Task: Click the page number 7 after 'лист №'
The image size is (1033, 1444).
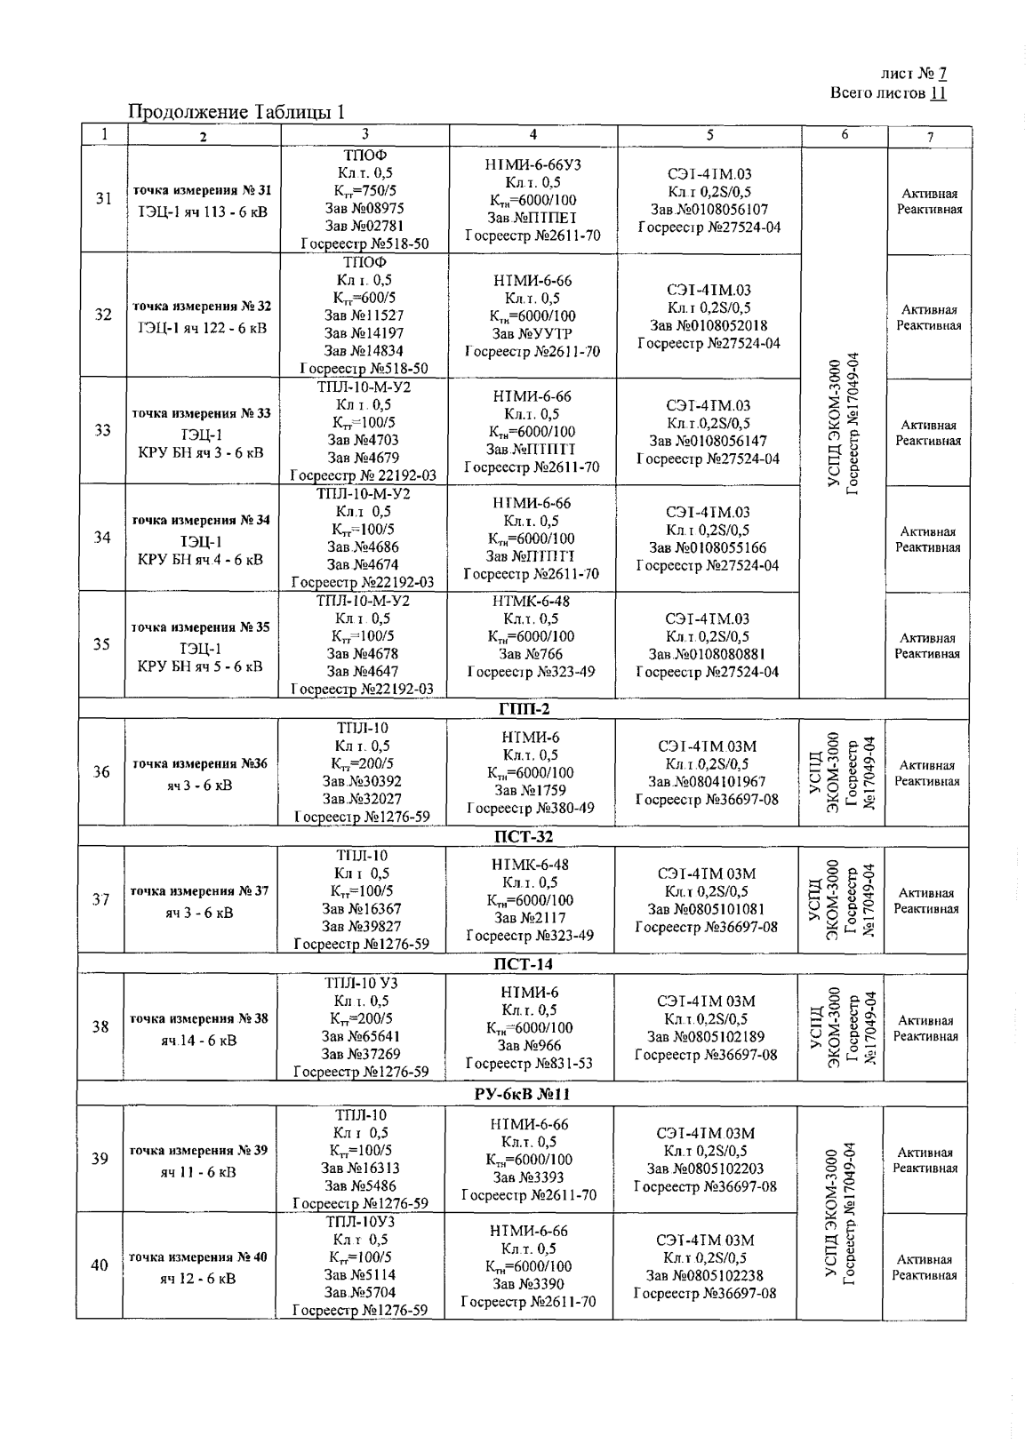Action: (x=943, y=75)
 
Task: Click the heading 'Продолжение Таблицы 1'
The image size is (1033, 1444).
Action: (x=236, y=112)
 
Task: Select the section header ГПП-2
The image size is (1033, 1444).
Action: (x=522, y=708)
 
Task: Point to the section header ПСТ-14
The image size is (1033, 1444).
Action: (x=522, y=964)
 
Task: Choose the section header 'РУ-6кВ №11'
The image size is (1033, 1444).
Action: (x=522, y=1094)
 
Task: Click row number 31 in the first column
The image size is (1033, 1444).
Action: (x=103, y=198)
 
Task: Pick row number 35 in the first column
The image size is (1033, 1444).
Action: (x=102, y=644)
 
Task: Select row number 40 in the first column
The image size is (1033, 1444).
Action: (x=100, y=1265)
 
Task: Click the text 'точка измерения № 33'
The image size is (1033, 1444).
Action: (x=201, y=413)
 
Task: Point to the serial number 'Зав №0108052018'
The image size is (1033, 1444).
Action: (x=709, y=325)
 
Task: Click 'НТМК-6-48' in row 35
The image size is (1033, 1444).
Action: (x=531, y=601)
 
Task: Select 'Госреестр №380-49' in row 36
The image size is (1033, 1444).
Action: (x=531, y=809)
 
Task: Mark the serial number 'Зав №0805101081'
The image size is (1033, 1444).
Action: (x=706, y=909)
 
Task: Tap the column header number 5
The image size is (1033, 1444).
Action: (x=709, y=135)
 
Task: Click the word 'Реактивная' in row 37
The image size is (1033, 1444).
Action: (x=926, y=909)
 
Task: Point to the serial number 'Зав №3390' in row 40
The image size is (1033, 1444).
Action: (x=528, y=1284)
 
